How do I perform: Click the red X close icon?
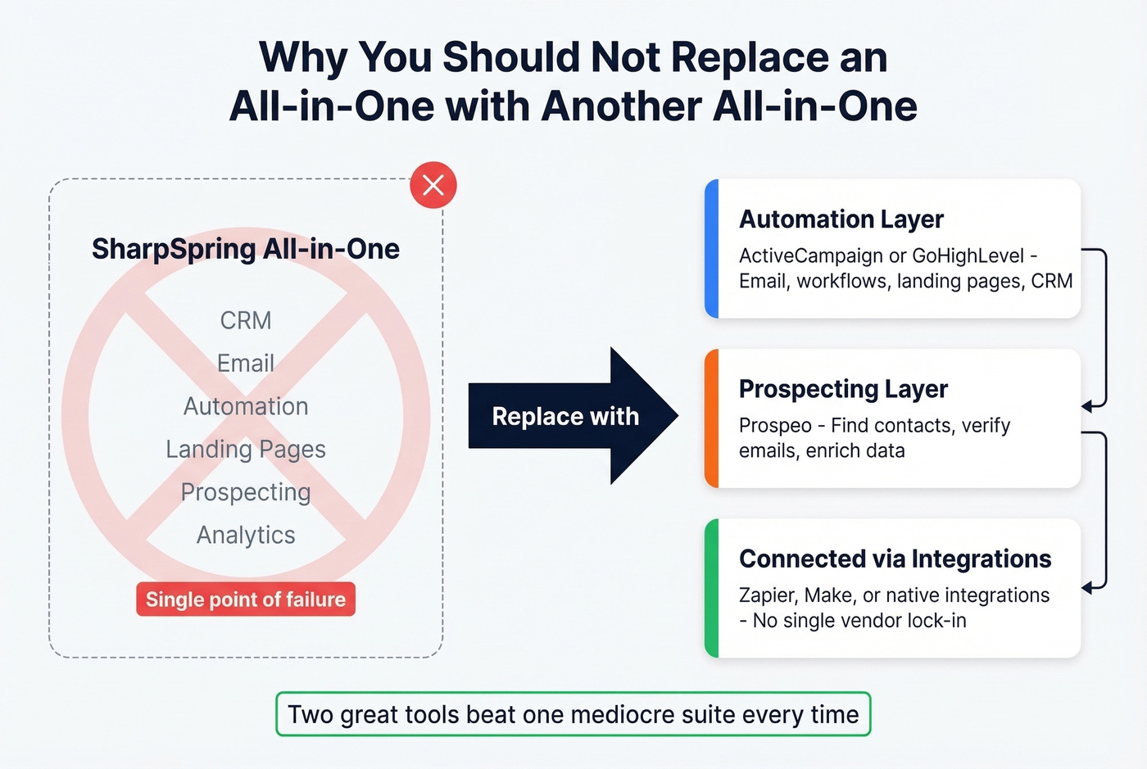(433, 185)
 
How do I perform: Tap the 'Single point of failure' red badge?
(246, 599)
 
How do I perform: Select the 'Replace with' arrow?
(573, 416)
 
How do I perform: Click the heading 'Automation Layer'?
(841, 219)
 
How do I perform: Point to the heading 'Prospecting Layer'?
(843, 389)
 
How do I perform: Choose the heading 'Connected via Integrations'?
(895, 559)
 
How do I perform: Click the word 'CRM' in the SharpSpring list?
(246, 320)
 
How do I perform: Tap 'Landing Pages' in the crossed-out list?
(246, 449)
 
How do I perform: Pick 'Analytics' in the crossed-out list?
(246, 535)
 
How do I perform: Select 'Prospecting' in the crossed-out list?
(246, 492)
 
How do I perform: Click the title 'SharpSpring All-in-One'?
(246, 249)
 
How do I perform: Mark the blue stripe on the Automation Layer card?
(712, 248)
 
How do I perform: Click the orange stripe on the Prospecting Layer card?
(712, 418)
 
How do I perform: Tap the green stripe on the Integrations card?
(712, 588)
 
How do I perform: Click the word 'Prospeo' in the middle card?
(775, 426)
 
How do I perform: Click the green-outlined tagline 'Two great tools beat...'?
(573, 714)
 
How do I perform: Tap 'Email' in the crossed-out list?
(246, 363)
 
